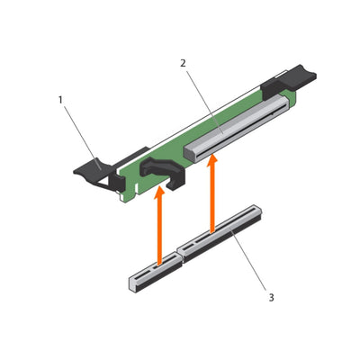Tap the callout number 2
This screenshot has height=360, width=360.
point(183,64)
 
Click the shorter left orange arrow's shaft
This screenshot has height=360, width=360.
point(159,229)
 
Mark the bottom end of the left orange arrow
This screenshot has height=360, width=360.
point(159,264)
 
